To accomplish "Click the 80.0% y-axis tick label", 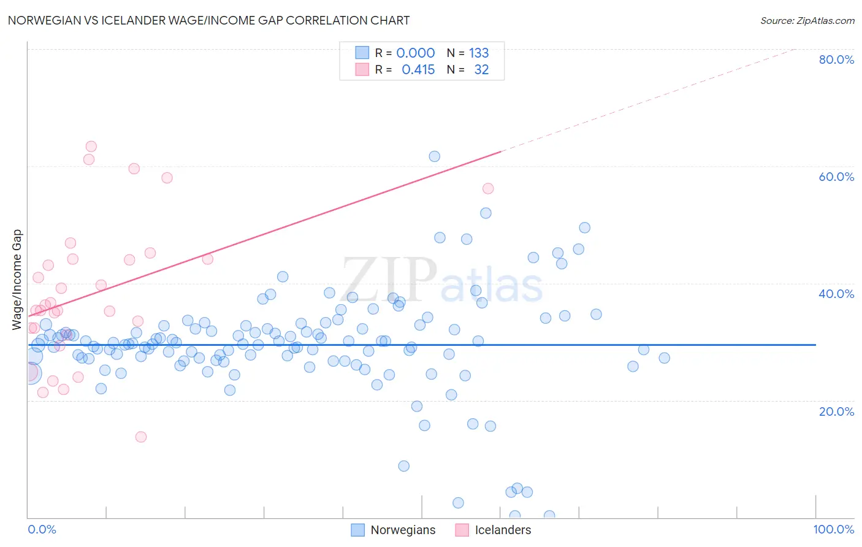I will point(836,59).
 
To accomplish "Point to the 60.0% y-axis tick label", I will point(836,177).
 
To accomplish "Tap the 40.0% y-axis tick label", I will point(836,294).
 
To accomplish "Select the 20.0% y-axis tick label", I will point(836,411).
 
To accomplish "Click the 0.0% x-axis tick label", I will point(42,529).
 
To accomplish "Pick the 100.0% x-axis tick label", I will point(833,529).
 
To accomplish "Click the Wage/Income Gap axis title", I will point(17,280).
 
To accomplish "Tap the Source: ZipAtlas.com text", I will point(807,20).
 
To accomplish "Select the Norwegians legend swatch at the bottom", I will point(358,530).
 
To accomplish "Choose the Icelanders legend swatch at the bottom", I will point(462,530).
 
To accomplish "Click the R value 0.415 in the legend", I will point(418,70).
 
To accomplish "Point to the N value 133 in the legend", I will point(479,53).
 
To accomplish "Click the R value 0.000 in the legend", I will point(415,53).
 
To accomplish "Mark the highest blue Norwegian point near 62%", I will point(434,156).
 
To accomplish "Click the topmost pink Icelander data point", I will point(91,147).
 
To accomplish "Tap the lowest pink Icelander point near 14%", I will point(141,437).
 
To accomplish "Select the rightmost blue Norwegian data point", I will point(664,358).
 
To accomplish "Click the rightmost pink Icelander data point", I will point(488,188).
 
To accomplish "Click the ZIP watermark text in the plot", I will point(389,280).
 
